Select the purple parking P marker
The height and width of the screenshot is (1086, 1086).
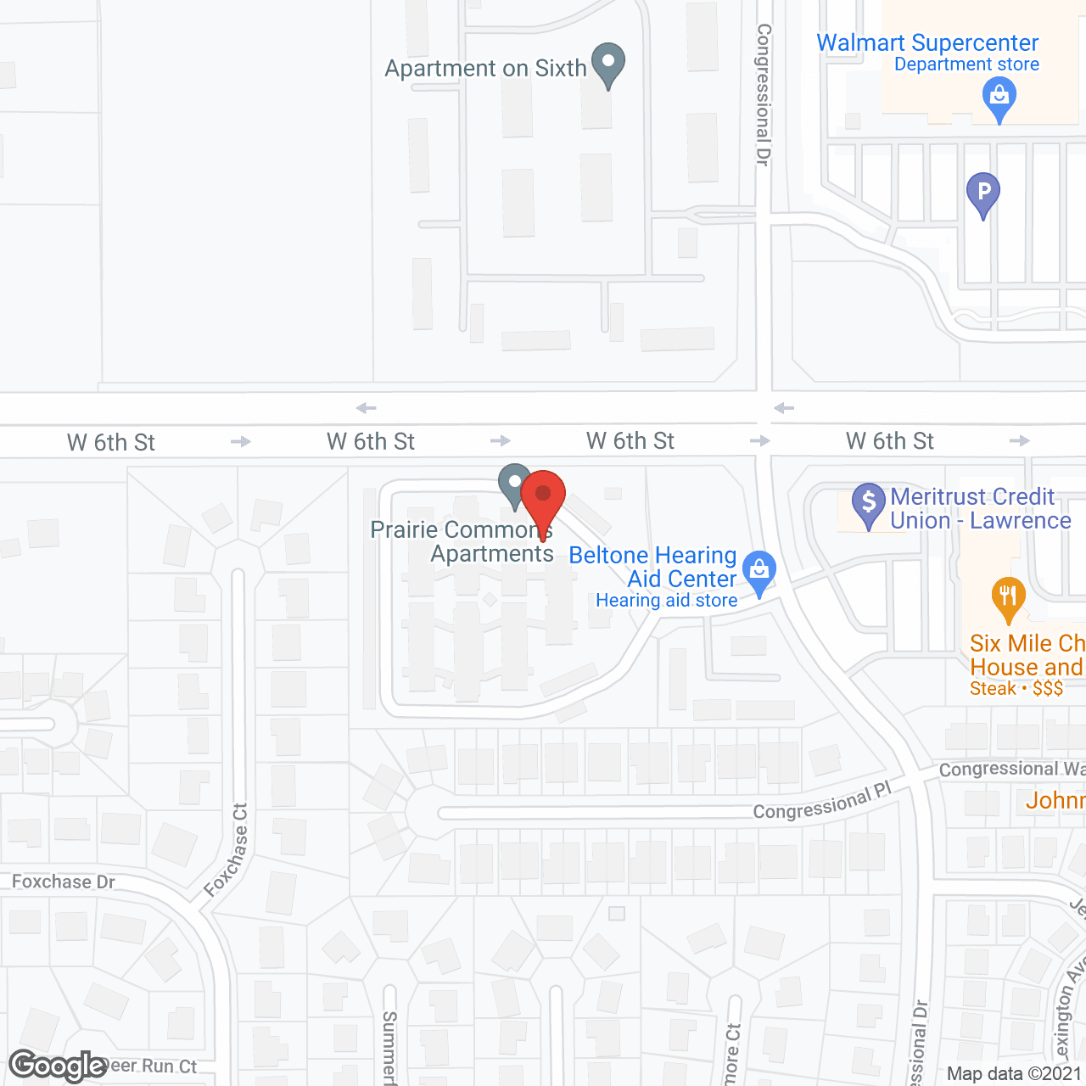point(983,192)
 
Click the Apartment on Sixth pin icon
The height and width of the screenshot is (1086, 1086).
point(607,63)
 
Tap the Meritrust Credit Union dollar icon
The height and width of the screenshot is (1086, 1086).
point(868,502)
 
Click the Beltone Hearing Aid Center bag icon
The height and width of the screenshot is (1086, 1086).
point(759,570)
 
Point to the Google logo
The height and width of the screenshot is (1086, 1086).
point(58,1066)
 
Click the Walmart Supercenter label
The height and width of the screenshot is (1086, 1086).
point(927,42)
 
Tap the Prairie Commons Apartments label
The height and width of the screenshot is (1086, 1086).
point(462,541)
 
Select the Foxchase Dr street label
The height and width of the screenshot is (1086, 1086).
point(64,882)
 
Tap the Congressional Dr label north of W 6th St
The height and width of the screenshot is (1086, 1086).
point(764,93)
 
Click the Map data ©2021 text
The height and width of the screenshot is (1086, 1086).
point(1014,1073)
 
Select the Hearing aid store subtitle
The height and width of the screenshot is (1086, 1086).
point(666,601)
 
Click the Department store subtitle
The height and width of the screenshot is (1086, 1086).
point(966,64)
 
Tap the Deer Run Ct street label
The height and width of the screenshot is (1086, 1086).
point(153,1066)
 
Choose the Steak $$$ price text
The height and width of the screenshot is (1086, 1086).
point(1016,688)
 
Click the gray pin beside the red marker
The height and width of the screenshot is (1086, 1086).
point(513,484)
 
